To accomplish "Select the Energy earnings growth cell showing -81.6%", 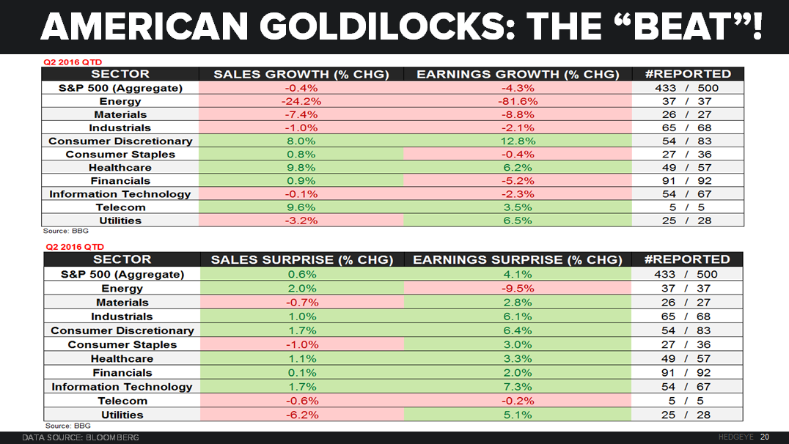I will (x=518, y=101).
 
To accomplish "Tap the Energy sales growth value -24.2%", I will (x=301, y=101).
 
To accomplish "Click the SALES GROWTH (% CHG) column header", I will (x=301, y=74).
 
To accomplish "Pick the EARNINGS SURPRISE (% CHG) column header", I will (x=518, y=259).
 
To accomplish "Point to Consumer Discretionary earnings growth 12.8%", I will (x=518, y=141).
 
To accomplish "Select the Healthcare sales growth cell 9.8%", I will (x=301, y=167).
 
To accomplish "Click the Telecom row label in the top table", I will (x=120, y=207).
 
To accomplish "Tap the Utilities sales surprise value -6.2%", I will (x=301, y=415).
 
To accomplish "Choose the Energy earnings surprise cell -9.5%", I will (x=518, y=288).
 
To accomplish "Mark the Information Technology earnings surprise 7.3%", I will (x=518, y=386).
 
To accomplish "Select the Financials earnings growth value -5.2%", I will (x=518, y=180).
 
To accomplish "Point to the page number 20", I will (x=764, y=437).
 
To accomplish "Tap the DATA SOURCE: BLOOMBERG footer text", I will (x=80, y=437).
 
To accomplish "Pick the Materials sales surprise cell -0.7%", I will (x=301, y=302).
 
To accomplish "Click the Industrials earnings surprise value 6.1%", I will (x=518, y=317).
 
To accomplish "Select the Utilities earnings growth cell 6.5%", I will (x=518, y=221).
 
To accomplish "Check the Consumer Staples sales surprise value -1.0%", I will (x=301, y=344).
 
